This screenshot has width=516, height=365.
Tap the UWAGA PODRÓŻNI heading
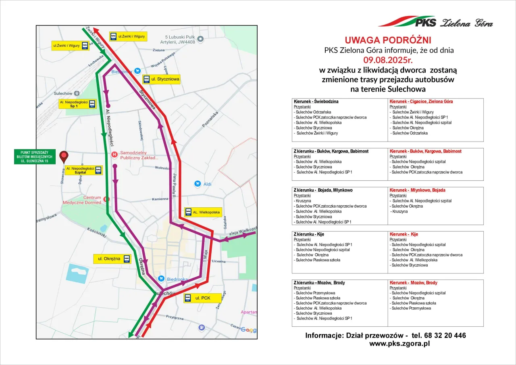click(x=388, y=40)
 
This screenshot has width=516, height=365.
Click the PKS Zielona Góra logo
click(x=435, y=22)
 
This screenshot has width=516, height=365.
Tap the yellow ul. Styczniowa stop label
click(x=161, y=79)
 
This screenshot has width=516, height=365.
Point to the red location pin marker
click(x=64, y=156)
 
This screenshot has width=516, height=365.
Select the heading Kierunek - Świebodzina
click(x=316, y=101)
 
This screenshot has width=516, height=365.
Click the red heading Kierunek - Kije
click(x=404, y=234)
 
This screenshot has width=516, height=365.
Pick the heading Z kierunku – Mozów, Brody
click(x=319, y=283)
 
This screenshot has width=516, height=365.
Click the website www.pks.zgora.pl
click(x=399, y=344)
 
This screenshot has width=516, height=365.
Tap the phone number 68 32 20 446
click(x=443, y=335)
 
